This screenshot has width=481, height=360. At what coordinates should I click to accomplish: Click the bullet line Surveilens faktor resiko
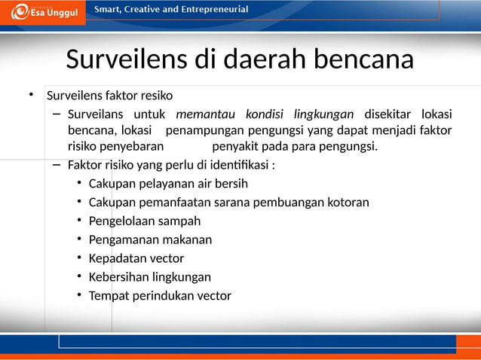click(x=110, y=96)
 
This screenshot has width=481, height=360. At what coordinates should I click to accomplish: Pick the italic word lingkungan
click(x=323, y=114)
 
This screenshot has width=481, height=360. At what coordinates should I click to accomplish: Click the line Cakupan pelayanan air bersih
click(x=168, y=183)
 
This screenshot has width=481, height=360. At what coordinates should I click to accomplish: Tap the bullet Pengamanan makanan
click(x=150, y=239)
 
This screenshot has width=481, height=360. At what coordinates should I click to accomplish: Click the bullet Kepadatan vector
click(x=136, y=258)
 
